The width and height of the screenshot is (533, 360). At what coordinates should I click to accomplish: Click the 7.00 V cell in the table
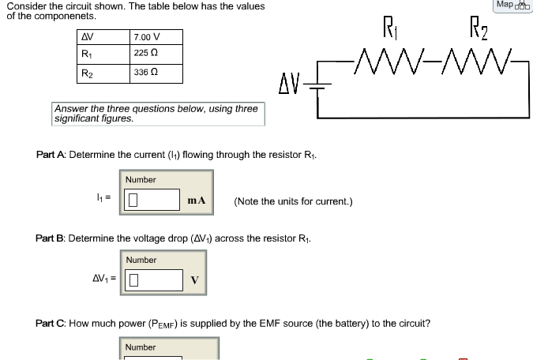tap(147, 37)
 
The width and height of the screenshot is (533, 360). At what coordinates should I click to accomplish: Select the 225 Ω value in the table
tap(145, 54)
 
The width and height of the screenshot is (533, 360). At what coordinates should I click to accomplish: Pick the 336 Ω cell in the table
tap(145, 72)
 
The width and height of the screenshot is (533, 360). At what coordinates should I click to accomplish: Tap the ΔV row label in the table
tap(88, 37)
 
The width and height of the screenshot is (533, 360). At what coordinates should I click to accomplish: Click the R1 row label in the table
tap(87, 54)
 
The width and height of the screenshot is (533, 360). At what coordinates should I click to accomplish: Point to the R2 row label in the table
tap(87, 73)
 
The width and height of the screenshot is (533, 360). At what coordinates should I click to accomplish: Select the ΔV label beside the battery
tap(291, 82)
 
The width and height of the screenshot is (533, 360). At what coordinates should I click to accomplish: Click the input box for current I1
tap(151, 200)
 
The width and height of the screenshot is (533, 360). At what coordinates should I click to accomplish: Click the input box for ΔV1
tap(151, 279)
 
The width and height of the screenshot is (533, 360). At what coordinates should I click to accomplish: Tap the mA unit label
tap(197, 201)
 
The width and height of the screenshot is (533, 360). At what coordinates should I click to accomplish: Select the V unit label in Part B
tap(194, 280)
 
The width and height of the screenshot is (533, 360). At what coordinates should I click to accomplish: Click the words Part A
tap(51, 155)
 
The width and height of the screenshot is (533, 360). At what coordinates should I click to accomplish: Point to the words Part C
tap(51, 324)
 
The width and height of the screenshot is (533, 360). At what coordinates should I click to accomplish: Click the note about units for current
tap(293, 201)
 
